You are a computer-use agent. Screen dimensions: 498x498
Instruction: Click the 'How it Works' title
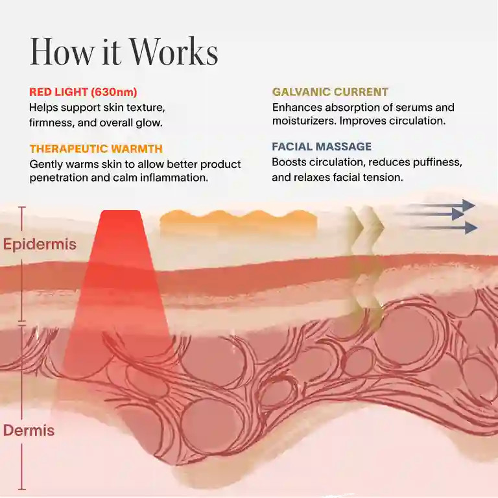click(x=124, y=51)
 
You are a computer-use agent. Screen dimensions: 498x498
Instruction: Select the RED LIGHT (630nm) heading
click(x=83, y=92)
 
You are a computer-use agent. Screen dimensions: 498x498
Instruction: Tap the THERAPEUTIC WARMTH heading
click(x=96, y=148)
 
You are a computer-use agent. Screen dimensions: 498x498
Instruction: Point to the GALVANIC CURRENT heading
click(x=330, y=92)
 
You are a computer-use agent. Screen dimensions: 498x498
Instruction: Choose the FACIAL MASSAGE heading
click(x=322, y=147)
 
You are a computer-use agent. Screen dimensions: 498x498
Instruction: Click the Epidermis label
click(x=40, y=244)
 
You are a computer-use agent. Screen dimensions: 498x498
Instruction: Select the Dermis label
click(x=29, y=431)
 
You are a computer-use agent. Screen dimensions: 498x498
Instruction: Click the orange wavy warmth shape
click(x=239, y=222)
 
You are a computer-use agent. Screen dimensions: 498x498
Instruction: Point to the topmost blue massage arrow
click(x=442, y=205)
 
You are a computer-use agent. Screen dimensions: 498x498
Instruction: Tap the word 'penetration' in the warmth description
click(x=58, y=177)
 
